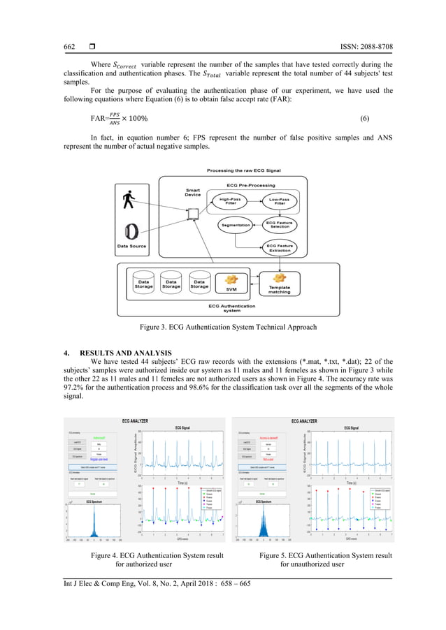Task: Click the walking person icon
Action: (x=128, y=199)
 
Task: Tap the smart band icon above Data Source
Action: (x=131, y=231)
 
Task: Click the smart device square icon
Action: (x=196, y=211)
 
